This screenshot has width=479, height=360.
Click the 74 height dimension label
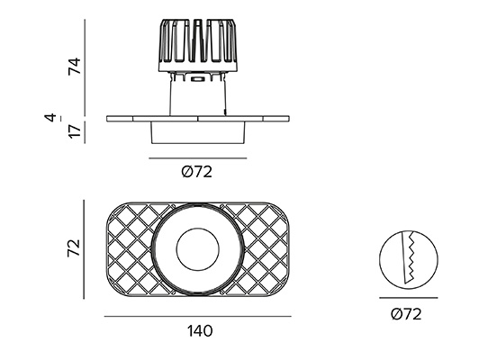[x=75, y=66]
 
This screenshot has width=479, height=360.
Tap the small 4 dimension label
[x=51, y=117]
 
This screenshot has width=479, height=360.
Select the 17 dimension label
[x=75, y=130]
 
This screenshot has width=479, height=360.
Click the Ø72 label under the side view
[x=196, y=172]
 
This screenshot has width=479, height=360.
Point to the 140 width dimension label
[x=200, y=330]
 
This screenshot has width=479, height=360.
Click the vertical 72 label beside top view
[x=74, y=247]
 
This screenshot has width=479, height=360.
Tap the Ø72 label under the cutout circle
[x=406, y=314]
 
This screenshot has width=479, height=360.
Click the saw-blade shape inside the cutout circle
[x=409, y=258]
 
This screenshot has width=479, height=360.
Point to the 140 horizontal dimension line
[x=198, y=316]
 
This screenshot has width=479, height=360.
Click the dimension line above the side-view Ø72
[x=198, y=158]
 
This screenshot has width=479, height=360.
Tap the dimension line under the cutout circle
[x=409, y=297]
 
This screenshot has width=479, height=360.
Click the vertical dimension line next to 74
[x=85, y=67]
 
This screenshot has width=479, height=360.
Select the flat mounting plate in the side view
[x=198, y=119]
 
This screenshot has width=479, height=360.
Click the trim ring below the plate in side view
[x=198, y=132]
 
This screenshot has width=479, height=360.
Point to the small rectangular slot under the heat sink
[x=197, y=79]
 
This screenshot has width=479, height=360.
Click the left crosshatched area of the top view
[x=132, y=249]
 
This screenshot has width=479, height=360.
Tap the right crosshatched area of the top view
[x=263, y=249]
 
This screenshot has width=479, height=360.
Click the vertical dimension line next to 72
[x=84, y=249]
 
